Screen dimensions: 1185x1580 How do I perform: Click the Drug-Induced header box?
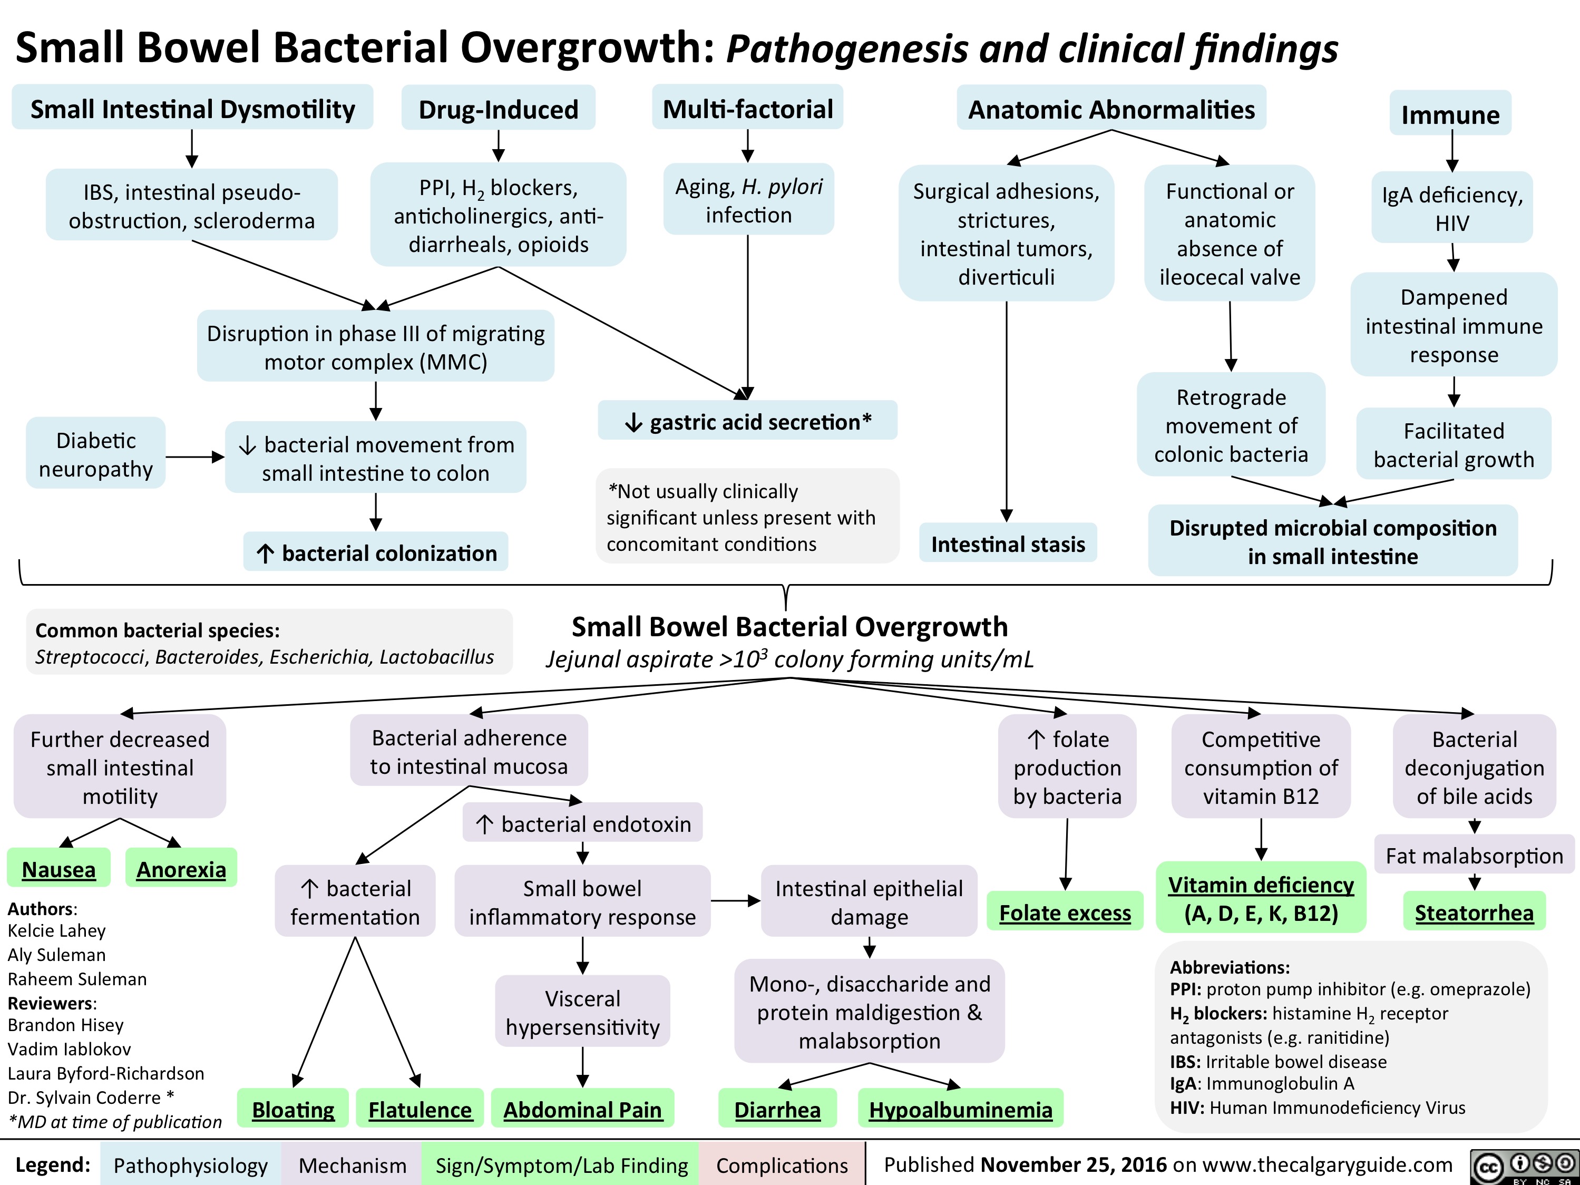coord(498,109)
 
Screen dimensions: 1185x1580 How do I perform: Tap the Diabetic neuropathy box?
coord(96,454)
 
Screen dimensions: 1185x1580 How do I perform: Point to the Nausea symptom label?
coord(58,869)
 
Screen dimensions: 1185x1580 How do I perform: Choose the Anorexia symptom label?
coord(181,869)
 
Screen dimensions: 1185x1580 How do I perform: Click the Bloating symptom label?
coord(293,1109)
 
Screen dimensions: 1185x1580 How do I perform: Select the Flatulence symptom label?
coord(420,1109)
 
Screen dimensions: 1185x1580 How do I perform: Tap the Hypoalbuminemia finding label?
coord(960,1109)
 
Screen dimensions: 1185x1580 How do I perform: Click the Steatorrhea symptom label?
coord(1474,912)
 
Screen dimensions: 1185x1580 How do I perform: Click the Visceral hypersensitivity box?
coord(582,1012)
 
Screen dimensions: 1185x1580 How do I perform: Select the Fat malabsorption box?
coord(1474,855)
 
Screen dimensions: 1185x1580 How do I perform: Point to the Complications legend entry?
coord(782,1165)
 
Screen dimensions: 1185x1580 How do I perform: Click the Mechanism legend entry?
coord(352,1165)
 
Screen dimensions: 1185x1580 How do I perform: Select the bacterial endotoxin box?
coord(582,823)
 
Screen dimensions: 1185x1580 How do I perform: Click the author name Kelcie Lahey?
coord(56,930)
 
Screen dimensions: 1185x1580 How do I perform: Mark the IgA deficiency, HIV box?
coord(1451,208)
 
